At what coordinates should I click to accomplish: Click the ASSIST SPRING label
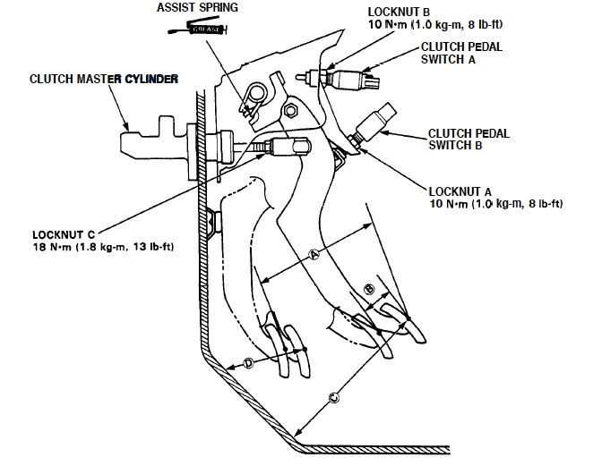pyautogui.click(x=198, y=7)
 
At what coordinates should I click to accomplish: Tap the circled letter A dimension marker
pyautogui.click(x=314, y=255)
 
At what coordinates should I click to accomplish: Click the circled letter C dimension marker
pyautogui.click(x=333, y=395)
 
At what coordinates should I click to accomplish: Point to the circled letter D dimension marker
pyautogui.click(x=248, y=363)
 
